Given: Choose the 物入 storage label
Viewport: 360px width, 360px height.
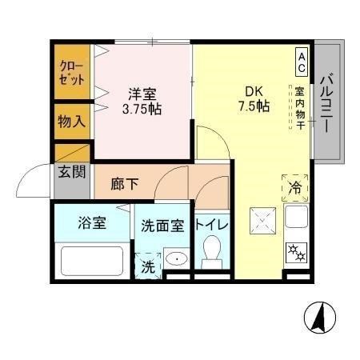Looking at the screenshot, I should point(70,122).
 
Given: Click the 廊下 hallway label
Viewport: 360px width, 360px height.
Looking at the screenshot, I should point(124,183).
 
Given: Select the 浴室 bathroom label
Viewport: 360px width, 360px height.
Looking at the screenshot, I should point(92,223).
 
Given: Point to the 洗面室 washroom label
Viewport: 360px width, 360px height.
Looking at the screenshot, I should point(162,226).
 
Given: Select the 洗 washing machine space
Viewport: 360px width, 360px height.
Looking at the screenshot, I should point(149,265).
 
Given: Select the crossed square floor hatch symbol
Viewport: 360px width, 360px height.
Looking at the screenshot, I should point(262,218).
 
